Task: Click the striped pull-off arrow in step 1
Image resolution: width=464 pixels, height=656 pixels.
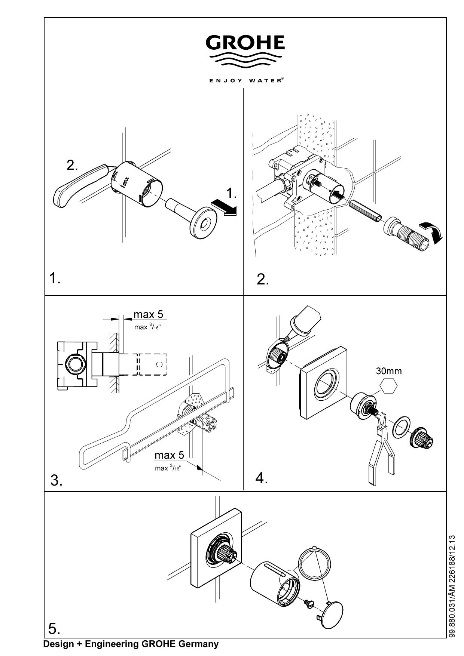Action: tap(223, 207)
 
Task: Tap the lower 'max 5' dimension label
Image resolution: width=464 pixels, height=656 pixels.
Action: tap(170, 455)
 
